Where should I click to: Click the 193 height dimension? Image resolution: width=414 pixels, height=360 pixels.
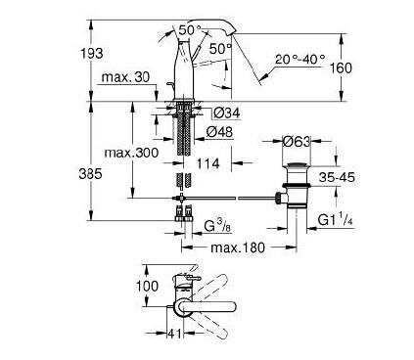(92, 53)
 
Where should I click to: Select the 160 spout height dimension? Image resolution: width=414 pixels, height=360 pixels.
(342, 68)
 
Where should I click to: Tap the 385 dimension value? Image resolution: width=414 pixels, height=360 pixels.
(90, 174)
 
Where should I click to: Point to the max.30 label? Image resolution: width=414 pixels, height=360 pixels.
(125, 77)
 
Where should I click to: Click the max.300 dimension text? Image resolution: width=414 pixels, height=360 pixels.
(131, 153)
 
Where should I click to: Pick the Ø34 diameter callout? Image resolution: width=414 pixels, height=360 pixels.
(227, 113)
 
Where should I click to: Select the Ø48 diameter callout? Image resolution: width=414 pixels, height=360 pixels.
(219, 132)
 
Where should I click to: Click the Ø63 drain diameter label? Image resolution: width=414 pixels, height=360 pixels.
(296, 142)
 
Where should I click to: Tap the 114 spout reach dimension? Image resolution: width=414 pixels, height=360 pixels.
(208, 163)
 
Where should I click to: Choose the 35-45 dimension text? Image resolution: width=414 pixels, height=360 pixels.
(337, 177)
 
